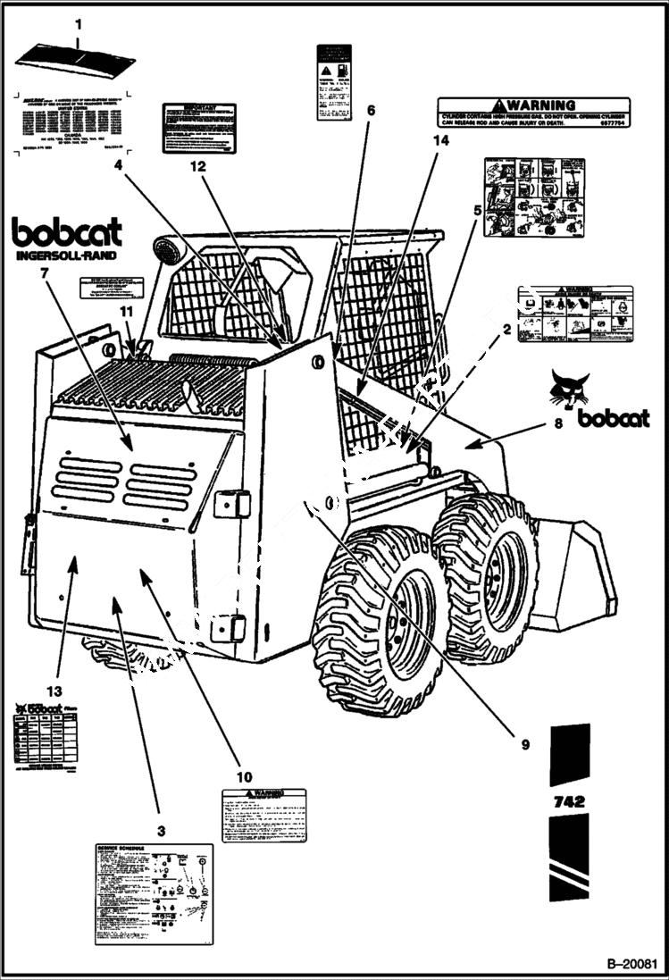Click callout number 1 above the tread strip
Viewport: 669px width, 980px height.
tap(78, 24)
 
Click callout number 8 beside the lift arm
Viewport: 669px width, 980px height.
tap(559, 424)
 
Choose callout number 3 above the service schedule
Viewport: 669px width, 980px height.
tap(162, 830)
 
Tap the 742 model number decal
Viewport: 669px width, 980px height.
tap(568, 800)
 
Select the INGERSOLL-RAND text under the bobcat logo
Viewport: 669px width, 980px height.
tap(66, 256)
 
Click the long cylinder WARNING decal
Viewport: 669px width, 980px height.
tap(532, 113)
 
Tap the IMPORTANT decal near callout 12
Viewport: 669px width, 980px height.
tap(198, 127)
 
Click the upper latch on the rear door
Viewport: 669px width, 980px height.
tap(232, 503)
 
